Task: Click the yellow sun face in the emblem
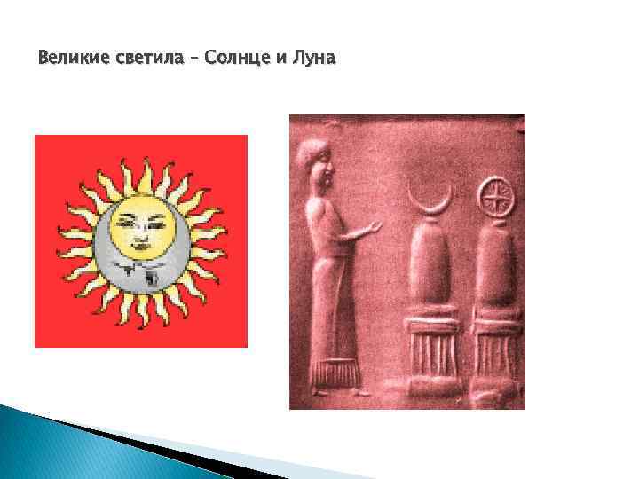pyautogui.click(x=141, y=229)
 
